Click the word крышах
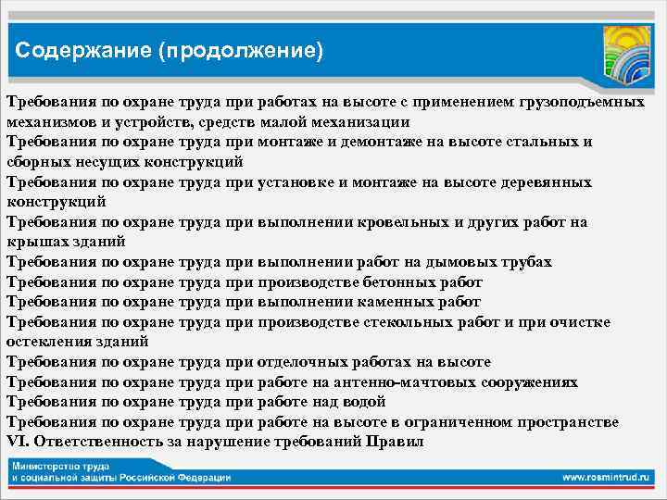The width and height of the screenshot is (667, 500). (x=35, y=242)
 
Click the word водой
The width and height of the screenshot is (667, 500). (x=365, y=402)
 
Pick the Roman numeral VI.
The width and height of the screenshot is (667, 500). (x=17, y=442)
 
